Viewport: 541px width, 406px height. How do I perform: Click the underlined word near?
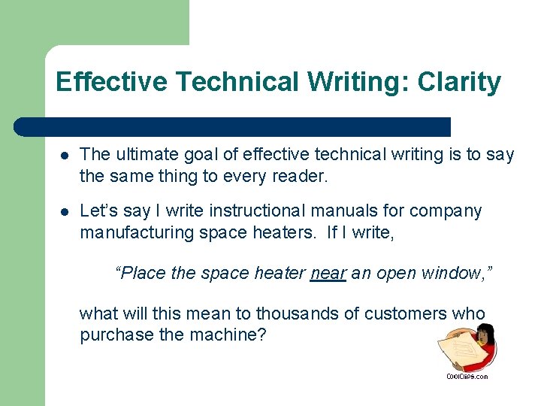[x=328, y=273]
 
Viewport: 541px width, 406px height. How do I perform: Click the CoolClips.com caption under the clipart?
[x=467, y=376]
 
